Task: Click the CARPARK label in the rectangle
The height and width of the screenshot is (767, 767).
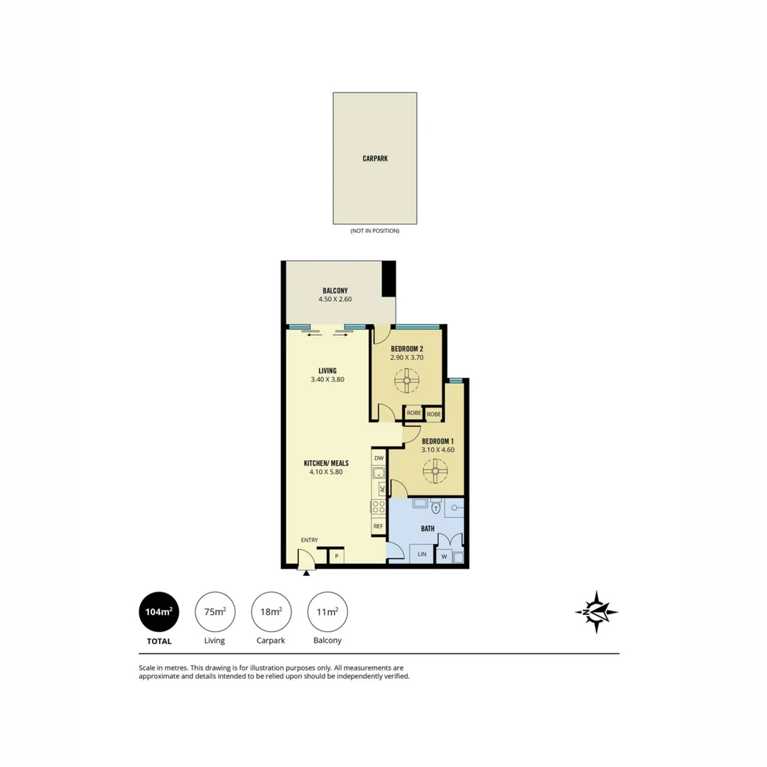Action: (375, 159)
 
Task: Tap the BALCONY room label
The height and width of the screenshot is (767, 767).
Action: (335, 290)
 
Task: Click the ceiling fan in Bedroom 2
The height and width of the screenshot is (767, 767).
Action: (408, 381)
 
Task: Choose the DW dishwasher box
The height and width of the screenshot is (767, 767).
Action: (379, 458)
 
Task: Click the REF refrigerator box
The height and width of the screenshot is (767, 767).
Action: (379, 526)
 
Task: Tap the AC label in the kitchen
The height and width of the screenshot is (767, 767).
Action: (382, 489)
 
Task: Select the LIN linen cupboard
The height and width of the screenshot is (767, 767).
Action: (422, 555)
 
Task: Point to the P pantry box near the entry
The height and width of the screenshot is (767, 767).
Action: (337, 556)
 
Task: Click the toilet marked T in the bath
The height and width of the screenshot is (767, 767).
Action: (435, 508)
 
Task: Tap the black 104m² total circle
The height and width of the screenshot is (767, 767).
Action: (159, 611)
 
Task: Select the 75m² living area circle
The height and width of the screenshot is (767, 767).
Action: (215, 611)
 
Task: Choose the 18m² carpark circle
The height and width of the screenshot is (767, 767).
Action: (271, 611)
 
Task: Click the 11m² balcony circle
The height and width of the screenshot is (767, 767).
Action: (327, 611)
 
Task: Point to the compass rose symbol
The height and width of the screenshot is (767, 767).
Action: (596, 611)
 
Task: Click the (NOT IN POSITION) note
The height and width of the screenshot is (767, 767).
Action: (375, 231)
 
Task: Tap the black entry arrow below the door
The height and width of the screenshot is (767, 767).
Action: (306, 573)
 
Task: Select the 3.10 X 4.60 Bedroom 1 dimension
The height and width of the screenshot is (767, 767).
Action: (437, 450)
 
